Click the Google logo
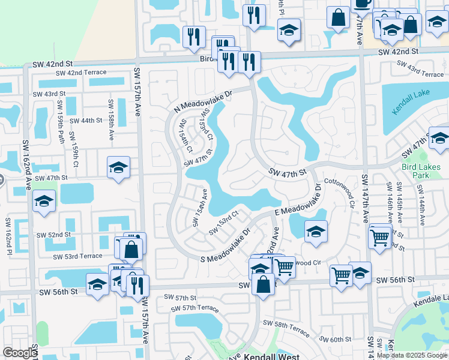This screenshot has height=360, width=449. click(20, 353)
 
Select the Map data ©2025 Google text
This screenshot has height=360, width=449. click(411, 355)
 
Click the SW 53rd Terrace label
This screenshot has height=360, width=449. click(77, 256)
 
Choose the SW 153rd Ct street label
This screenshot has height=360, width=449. click(224, 223)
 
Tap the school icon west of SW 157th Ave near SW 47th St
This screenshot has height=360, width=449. click(119, 167)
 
